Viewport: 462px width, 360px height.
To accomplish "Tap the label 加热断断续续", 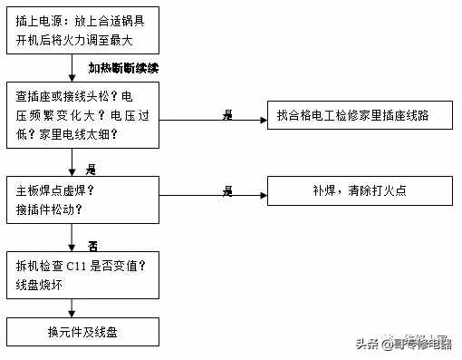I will pos(124,67).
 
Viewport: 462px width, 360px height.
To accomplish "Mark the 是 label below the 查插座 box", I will pos(91,169).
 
